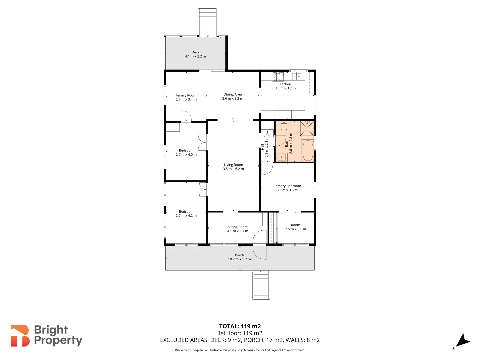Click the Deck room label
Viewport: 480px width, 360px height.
(195, 52)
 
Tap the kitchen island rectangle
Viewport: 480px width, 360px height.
(285, 97)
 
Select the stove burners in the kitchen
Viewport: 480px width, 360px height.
(278, 76)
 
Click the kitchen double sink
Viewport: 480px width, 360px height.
(296, 76)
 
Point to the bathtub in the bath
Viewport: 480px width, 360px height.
(307, 151)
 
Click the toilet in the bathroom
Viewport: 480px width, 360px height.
(284, 126)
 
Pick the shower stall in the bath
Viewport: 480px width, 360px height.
(307, 128)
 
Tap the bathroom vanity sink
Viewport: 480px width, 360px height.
(282, 157)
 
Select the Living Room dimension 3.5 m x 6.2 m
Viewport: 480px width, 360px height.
(233, 169)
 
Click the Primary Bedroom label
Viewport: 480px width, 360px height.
(287, 186)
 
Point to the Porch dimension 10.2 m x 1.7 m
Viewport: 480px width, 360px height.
(239, 259)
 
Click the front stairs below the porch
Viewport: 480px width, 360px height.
(261, 285)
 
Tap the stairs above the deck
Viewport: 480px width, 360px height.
(208, 22)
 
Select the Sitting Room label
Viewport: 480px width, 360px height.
(237, 227)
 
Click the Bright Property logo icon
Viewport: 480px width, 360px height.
(20, 336)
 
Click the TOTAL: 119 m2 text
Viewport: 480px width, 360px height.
(240, 326)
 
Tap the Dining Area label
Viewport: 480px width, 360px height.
(233, 94)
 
